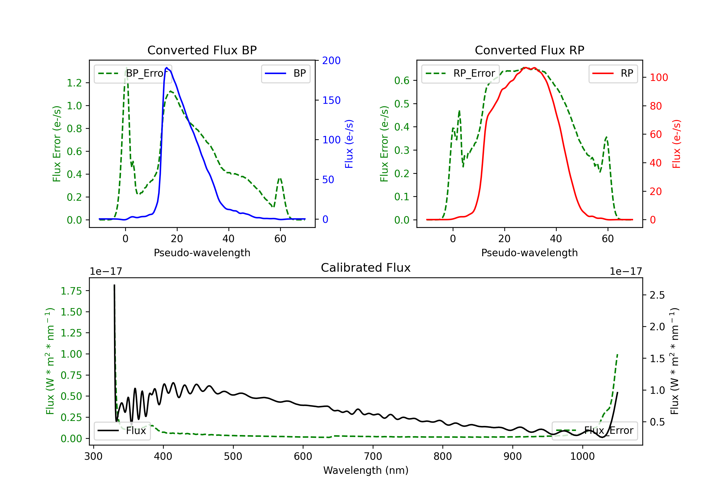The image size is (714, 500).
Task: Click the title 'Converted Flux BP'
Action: click(x=202, y=50)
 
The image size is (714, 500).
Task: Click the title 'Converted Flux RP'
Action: click(x=529, y=50)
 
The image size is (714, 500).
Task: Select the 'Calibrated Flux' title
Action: click(x=366, y=268)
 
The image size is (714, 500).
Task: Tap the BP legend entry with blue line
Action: click(x=285, y=73)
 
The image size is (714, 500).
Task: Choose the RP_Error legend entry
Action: click(x=460, y=73)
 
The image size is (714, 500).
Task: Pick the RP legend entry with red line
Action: click(x=613, y=73)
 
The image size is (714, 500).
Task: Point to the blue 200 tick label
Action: click(x=331, y=61)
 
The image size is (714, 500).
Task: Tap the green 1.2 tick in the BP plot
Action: click(x=74, y=83)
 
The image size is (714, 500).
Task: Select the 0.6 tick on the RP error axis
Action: click(x=402, y=80)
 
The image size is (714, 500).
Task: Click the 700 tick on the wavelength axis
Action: click(x=373, y=456)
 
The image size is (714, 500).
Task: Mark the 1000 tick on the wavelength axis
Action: click(x=582, y=456)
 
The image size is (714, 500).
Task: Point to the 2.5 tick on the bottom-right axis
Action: click(x=657, y=295)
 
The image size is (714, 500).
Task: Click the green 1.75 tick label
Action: click(x=71, y=291)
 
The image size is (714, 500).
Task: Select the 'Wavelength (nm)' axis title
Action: click(x=366, y=470)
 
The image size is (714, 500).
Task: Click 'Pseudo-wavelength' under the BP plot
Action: click(x=202, y=253)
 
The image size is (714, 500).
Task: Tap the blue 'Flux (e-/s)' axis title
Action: click(x=349, y=144)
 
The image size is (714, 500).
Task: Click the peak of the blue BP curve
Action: click(x=167, y=68)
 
